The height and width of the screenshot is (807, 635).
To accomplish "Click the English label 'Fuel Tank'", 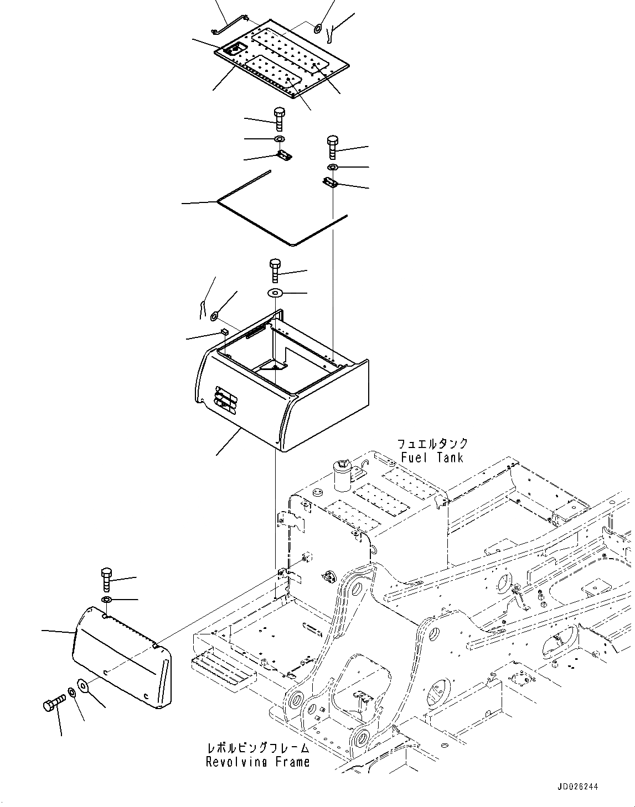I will point(432,457).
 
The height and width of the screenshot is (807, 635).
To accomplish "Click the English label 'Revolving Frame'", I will point(257,762).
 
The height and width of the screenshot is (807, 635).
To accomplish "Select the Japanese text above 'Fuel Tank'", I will point(432,444).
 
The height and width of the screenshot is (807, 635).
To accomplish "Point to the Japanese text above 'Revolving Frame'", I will point(257,748).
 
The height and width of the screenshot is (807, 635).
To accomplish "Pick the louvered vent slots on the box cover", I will point(224,399).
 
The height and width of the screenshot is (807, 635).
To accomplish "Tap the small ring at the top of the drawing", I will point(318,28).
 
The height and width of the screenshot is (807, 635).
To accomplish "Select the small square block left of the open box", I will point(224,331).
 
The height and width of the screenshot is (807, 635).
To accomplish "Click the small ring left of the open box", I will point(214,317).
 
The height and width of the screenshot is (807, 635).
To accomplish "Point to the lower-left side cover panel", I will point(122,658).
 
